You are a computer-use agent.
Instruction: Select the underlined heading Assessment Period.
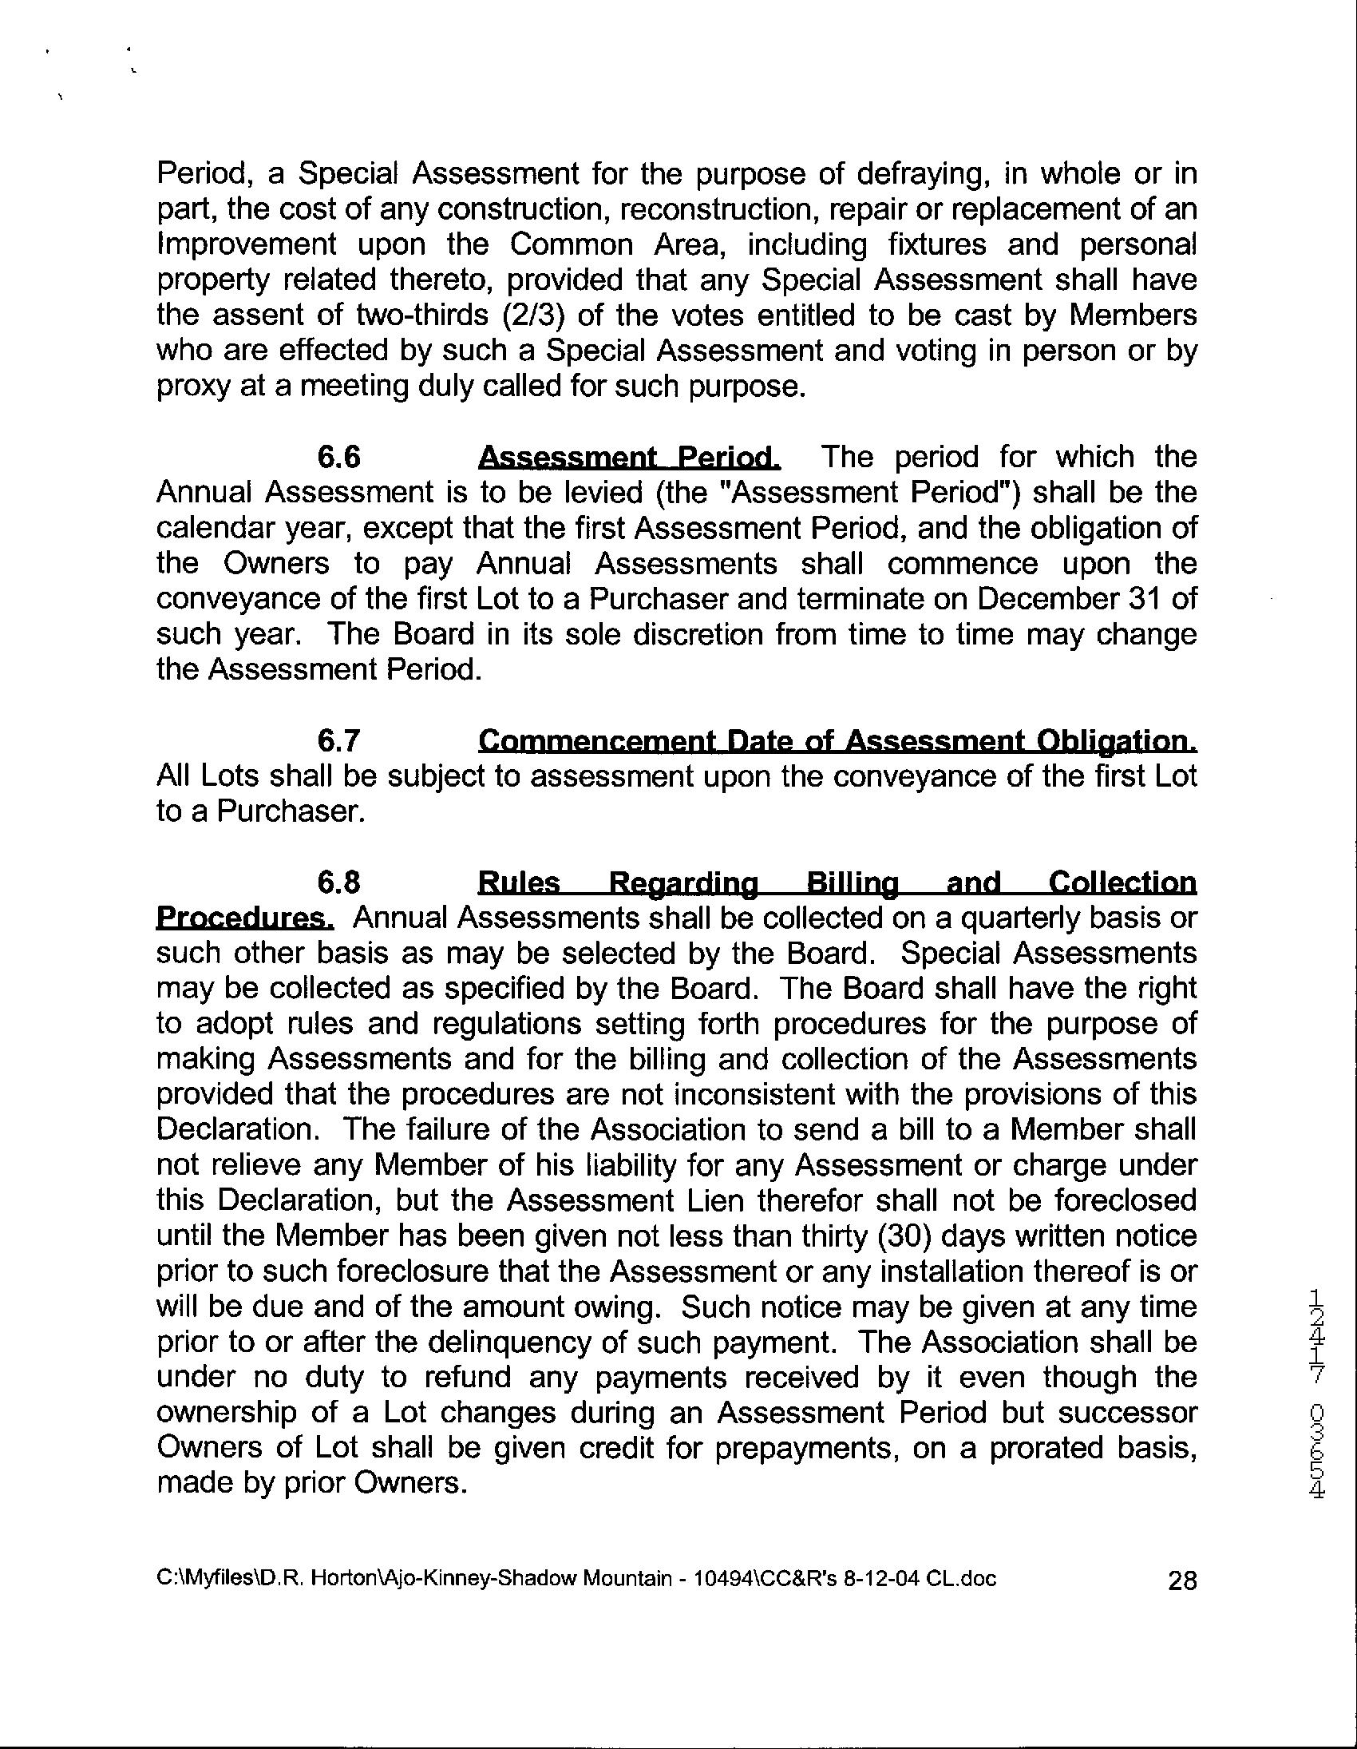click(628, 458)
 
